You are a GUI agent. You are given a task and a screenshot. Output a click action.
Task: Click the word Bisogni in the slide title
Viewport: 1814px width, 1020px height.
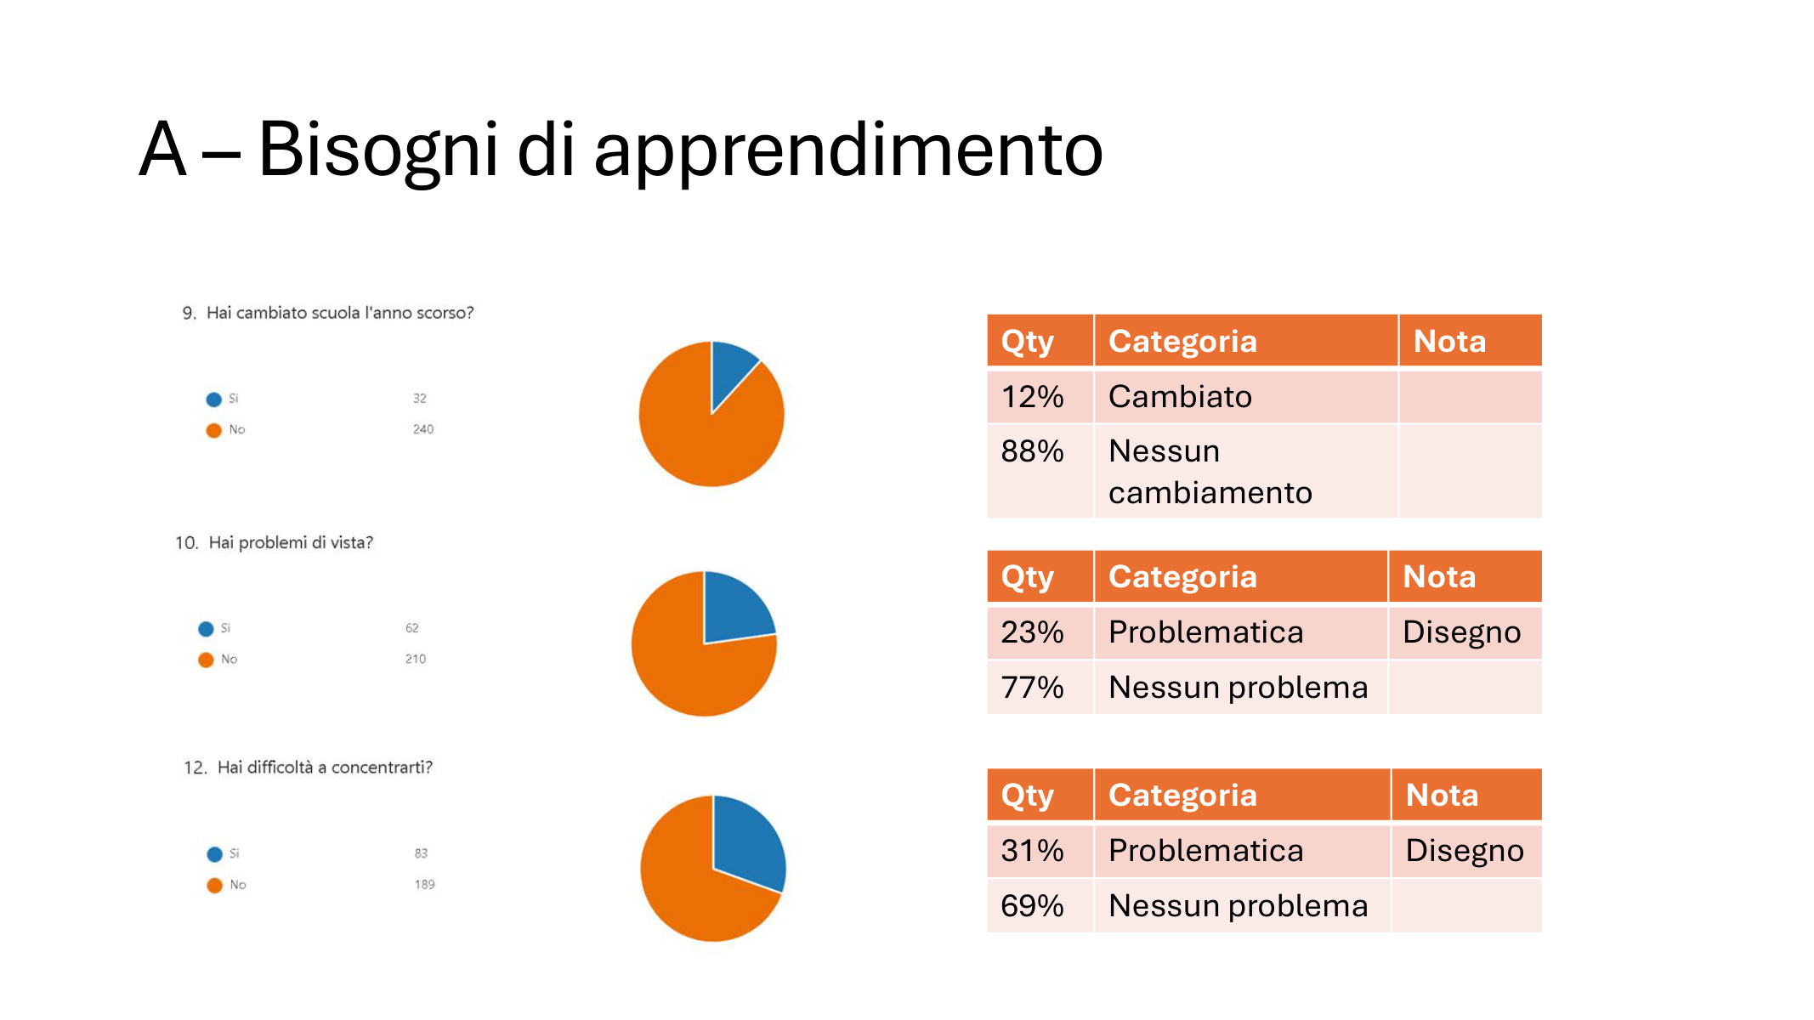(377, 150)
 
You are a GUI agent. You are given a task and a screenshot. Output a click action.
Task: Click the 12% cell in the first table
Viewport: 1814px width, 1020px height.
(1040, 397)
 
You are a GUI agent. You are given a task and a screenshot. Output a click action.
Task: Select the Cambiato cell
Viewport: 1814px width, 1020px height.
(1245, 397)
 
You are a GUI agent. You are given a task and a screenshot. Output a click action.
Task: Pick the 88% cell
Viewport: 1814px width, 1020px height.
(1040, 471)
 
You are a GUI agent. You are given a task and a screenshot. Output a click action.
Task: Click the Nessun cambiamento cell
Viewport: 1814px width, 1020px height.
(1245, 471)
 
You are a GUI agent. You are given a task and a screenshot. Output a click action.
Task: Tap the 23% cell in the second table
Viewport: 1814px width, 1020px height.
(1040, 632)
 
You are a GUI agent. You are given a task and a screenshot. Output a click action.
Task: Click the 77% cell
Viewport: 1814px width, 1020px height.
(1040, 687)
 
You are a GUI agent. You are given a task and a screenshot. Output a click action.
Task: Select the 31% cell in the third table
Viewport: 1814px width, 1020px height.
(1040, 851)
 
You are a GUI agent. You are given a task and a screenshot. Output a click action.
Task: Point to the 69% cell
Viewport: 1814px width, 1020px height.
(1040, 905)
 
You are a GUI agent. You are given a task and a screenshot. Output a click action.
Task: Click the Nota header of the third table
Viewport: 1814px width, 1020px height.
(1466, 796)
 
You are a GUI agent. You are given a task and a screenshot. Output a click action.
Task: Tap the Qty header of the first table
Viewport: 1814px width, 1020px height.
(1040, 341)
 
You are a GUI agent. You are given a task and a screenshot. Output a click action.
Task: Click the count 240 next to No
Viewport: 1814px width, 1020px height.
(423, 429)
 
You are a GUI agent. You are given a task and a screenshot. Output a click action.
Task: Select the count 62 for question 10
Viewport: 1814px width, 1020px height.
(412, 628)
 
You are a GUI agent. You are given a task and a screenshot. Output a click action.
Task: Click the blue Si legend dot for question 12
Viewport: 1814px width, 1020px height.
(214, 854)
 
